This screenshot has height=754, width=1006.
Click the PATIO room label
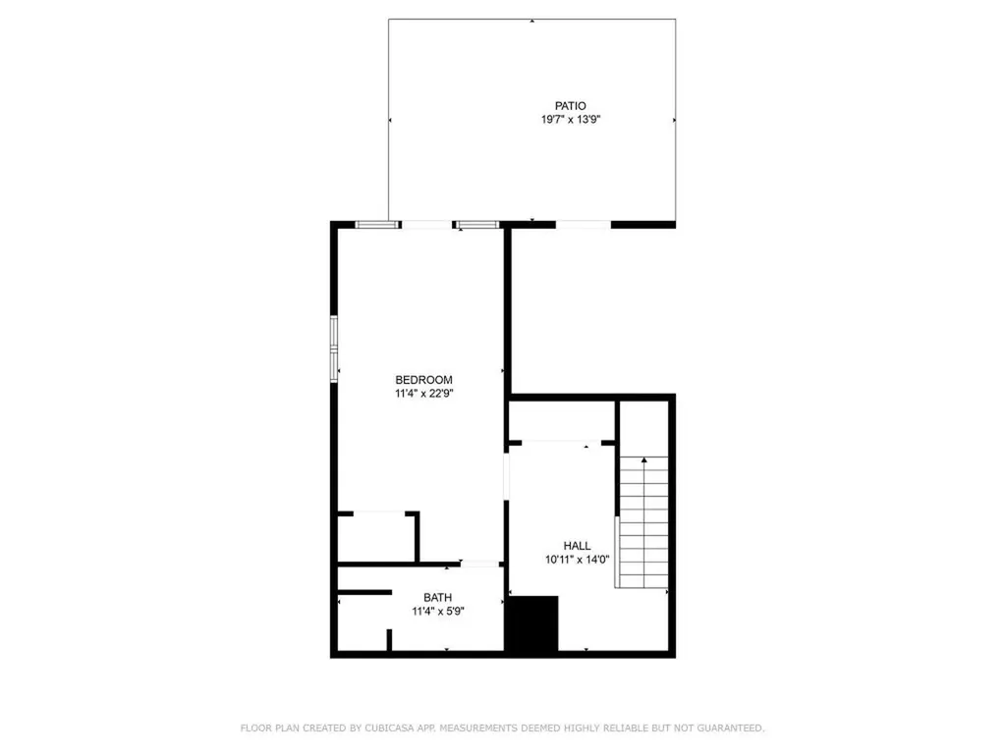coord(571,106)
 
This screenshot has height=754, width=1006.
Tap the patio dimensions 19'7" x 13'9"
coord(571,119)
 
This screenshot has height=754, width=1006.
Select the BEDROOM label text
coord(423,380)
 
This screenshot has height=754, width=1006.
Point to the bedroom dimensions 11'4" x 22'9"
coord(423,394)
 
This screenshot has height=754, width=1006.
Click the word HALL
coord(577,546)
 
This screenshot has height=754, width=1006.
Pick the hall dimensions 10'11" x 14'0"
coord(577,560)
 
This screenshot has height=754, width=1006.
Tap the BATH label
coord(437,598)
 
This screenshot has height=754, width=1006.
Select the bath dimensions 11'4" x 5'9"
coord(437,612)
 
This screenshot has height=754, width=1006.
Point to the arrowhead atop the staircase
coord(644,459)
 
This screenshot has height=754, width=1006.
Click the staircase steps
coord(643,522)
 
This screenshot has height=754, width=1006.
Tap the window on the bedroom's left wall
coord(334,349)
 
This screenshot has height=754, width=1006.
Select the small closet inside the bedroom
coord(376,539)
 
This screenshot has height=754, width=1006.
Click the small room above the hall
coord(563,421)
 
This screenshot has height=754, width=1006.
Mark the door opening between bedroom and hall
coord(506,476)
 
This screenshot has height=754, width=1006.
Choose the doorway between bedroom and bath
coord(479,565)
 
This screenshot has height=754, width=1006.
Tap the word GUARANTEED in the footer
coord(731,727)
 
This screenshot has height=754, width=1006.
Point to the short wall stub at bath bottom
coord(389,640)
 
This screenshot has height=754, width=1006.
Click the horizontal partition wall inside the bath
coord(365,592)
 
